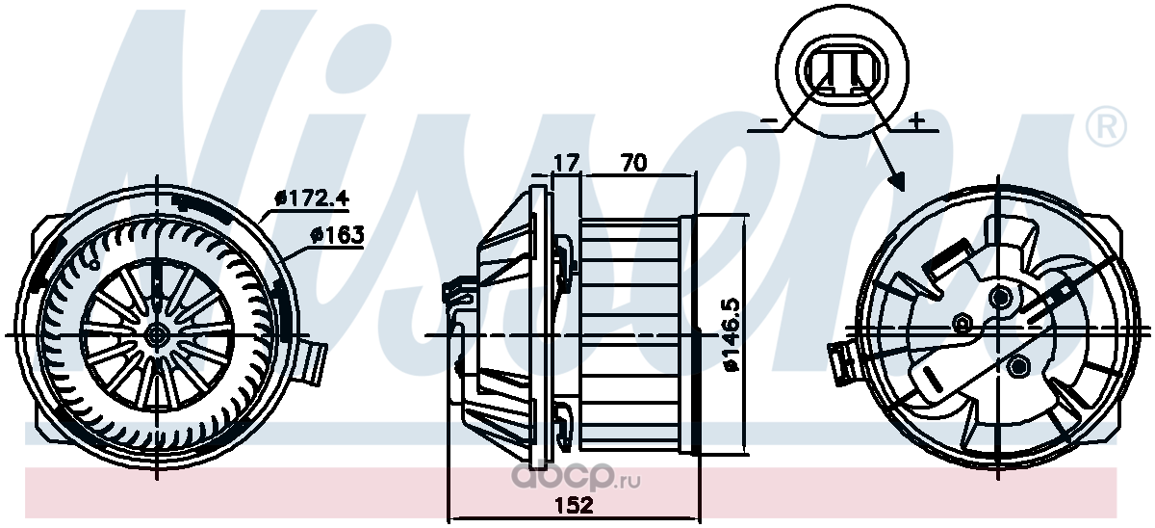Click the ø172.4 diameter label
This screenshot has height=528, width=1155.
pos(312,198)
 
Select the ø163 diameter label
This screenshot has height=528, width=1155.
pos(337,235)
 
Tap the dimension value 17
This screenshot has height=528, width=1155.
pos(566,163)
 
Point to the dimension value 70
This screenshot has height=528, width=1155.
pos(632,163)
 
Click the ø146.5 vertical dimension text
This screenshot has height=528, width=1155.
pos(731,334)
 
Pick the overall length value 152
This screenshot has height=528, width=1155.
pos(575,505)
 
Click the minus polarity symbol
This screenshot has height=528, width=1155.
pos(769,120)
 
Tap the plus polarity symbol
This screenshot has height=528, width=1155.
pos(915,121)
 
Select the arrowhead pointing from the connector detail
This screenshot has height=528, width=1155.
pos(897,180)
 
